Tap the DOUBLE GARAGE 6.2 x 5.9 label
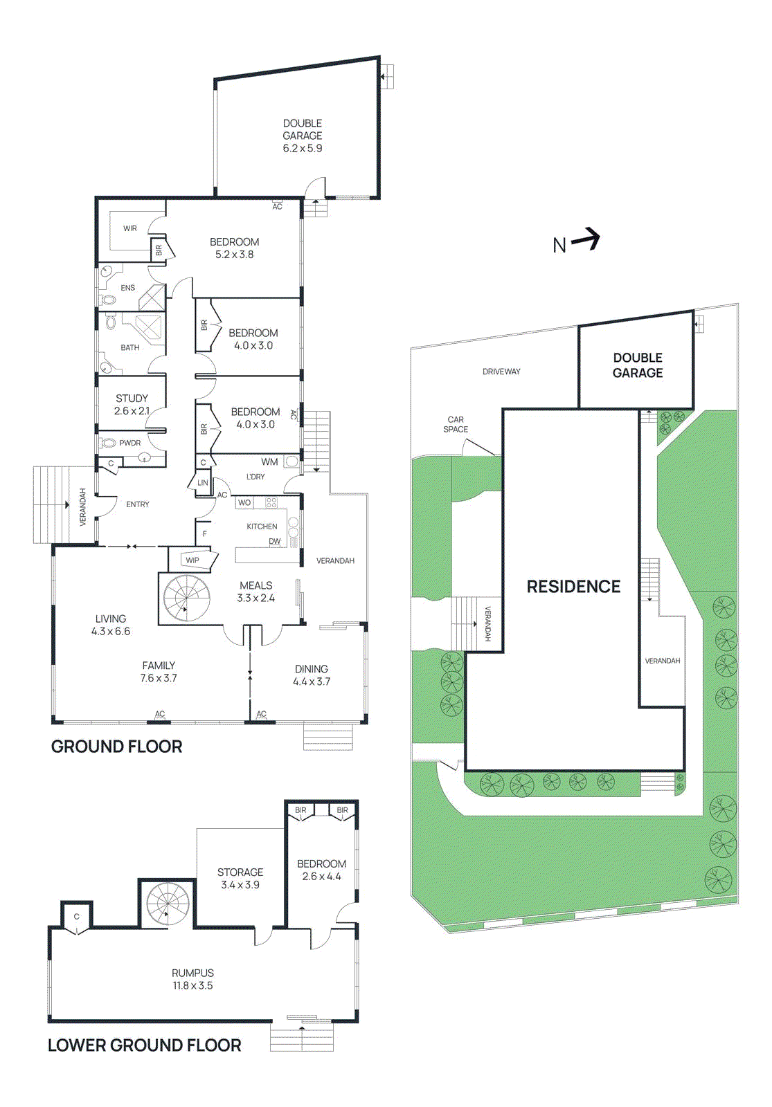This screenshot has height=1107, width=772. [303, 136]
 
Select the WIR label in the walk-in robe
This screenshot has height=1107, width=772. [130, 228]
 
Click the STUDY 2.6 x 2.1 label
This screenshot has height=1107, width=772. [132, 404]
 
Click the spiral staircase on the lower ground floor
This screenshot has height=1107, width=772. [167, 904]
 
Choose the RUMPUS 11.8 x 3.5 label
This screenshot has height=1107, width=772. [192, 979]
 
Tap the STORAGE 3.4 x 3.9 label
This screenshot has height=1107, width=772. [240, 878]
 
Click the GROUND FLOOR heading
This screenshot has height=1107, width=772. [116, 747]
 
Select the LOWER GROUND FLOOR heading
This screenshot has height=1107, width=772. [144, 1045]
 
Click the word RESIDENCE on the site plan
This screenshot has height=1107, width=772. [573, 587]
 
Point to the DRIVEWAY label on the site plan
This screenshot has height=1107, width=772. [501, 372]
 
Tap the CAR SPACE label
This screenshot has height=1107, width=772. [456, 424]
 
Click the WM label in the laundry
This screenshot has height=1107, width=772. [269, 462]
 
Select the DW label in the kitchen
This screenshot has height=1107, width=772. [275, 541]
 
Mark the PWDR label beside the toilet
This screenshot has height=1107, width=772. [129, 443]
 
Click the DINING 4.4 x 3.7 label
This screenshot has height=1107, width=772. [311, 675]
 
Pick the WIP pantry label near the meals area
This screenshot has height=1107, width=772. [192, 560]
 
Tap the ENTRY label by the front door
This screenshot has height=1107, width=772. [138, 504]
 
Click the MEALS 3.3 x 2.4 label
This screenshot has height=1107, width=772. [255, 592]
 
